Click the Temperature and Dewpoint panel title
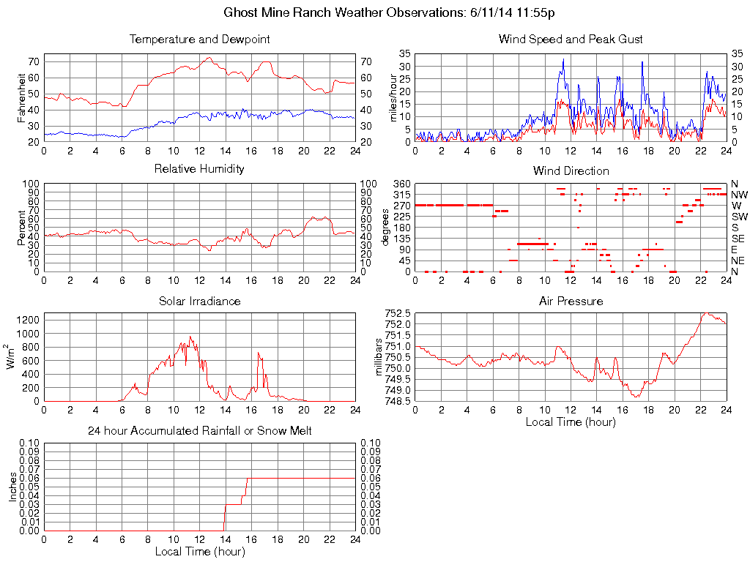[x=199, y=39]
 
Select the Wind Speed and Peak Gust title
[x=571, y=39]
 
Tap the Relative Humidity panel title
[x=199, y=169]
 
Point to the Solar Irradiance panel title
[x=199, y=301]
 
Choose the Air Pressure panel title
[x=571, y=301]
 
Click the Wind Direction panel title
[x=571, y=171]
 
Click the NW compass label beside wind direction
[x=738, y=195]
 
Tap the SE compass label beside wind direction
[x=738, y=239]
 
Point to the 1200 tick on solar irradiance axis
[x=29, y=320]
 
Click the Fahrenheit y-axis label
[x=21, y=97]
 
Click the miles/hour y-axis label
[x=393, y=97]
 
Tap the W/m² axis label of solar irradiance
[x=12, y=356]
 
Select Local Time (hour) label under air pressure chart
[x=571, y=421]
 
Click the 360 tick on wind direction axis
[x=400, y=184]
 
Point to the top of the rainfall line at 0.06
[x=248, y=479]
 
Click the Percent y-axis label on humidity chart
[x=21, y=228]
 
